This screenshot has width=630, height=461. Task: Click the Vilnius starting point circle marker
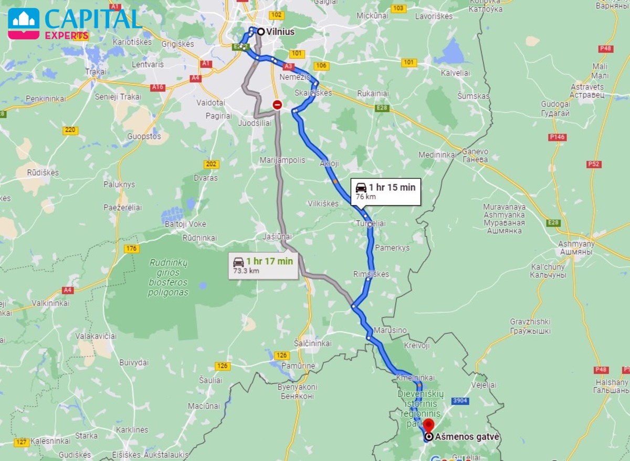[x=260, y=32]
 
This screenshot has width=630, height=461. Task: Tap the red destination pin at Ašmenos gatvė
[x=429, y=425]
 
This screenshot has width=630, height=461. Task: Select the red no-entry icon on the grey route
[x=277, y=105]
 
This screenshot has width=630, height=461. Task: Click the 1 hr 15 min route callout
[x=386, y=191]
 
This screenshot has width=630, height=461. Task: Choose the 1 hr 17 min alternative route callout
[x=263, y=265]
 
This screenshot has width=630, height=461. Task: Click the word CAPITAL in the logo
[x=93, y=19]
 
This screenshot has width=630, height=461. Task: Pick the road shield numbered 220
[x=70, y=130]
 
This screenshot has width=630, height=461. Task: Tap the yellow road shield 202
[x=211, y=165]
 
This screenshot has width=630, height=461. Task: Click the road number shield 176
[x=131, y=248]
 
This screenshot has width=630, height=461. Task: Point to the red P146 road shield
[x=557, y=137]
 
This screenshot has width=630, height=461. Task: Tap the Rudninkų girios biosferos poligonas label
[x=168, y=278]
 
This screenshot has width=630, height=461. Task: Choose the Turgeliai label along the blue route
[x=371, y=223]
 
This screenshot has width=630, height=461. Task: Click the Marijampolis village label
[x=282, y=160]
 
